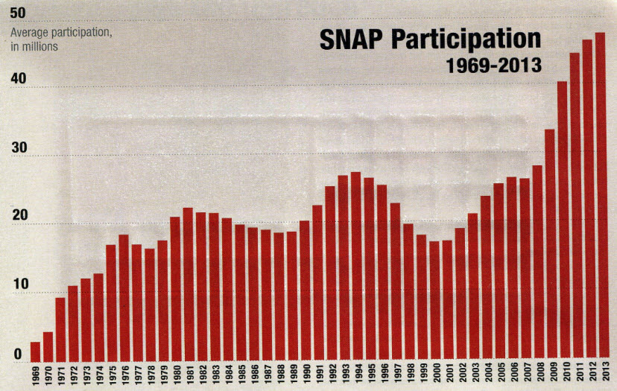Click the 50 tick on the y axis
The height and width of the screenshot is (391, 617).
[18, 12]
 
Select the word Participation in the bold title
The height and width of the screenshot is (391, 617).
[470, 40]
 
